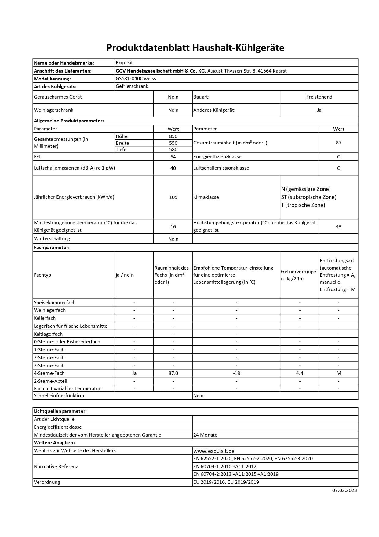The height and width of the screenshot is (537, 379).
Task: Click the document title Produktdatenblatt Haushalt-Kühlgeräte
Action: (x=195, y=48)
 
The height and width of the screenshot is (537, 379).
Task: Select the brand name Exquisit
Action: (x=124, y=63)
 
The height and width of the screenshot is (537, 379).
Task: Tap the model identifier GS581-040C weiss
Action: (x=136, y=79)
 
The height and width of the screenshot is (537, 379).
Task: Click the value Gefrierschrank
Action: (x=132, y=86)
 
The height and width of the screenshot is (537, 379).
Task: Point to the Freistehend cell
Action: (x=319, y=97)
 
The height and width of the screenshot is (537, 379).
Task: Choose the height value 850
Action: (x=173, y=136)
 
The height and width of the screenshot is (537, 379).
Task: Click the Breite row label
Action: (x=122, y=143)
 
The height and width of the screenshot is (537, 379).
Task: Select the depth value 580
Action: (x=173, y=150)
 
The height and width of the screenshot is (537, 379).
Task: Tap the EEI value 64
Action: (x=173, y=157)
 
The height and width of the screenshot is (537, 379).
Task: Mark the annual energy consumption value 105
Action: (x=173, y=197)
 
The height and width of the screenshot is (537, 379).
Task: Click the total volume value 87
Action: (x=338, y=143)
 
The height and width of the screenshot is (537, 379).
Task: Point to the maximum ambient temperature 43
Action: (x=338, y=227)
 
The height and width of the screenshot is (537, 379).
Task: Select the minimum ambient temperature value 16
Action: (x=173, y=227)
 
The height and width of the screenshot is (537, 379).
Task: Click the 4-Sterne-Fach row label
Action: (x=49, y=373)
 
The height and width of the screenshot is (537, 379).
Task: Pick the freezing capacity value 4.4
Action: (x=300, y=373)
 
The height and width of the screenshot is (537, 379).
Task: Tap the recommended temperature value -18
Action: (x=236, y=373)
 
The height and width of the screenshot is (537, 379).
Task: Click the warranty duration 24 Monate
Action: (x=205, y=435)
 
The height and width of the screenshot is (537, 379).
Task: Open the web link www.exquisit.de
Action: (x=214, y=451)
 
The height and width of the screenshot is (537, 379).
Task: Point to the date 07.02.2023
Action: (x=344, y=490)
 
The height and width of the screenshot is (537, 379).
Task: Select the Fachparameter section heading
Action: (x=52, y=248)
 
